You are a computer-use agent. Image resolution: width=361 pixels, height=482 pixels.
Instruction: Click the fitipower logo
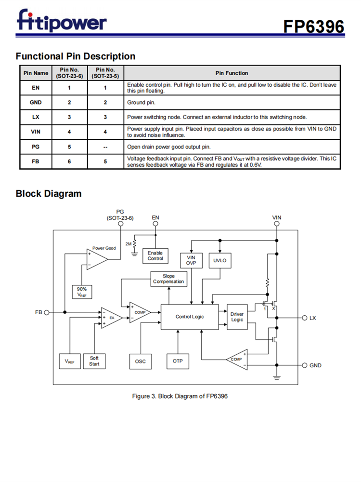coord(62,21)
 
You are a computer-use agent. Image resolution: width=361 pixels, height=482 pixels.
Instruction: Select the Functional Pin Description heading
coord(76,56)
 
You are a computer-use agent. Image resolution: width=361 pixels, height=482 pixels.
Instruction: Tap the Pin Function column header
coord(232,73)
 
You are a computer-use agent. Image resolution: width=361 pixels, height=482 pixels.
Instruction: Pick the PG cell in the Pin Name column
coord(36,147)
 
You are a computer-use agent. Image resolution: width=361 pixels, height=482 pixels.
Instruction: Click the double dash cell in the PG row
coord(105,147)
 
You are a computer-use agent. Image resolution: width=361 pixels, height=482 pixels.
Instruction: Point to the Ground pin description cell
coord(232,103)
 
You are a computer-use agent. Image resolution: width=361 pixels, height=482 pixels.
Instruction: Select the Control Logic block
coord(189,317)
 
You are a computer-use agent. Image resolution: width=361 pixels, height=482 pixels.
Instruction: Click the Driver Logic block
coord(237,317)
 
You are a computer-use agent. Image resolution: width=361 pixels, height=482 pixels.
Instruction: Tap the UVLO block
coord(219,261)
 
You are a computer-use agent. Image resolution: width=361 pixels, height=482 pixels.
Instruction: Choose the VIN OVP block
coord(191,260)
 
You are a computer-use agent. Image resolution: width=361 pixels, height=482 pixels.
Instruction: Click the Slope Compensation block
coord(168,279)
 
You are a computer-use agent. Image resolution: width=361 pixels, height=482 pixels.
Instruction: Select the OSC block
coord(141,361)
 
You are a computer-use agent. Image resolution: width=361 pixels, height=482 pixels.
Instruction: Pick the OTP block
coord(178,361)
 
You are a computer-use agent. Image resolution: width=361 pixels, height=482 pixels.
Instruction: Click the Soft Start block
coord(94,361)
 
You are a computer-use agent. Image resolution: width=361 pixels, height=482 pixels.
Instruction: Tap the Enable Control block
coord(155,255)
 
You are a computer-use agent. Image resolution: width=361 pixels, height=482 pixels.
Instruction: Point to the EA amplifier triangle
coord(110,318)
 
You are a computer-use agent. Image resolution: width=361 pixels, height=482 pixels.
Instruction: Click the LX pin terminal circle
coord(304,318)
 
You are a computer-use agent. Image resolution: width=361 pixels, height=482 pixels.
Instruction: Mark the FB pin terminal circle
coord(47,312)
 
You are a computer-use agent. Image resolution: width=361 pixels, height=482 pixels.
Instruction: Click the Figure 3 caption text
coord(180,396)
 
